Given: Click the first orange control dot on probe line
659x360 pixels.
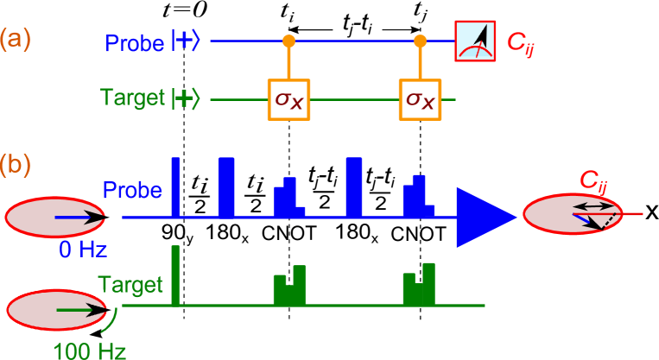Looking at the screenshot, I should point(288,41).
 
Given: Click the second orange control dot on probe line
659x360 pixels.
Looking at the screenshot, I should point(420,41).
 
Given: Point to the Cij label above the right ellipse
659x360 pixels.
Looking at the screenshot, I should point(599,180).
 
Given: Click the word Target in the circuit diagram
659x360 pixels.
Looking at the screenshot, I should point(131,97).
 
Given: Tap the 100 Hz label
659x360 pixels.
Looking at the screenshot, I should point(90,351).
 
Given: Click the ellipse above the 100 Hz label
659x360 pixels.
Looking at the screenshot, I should point(57,310).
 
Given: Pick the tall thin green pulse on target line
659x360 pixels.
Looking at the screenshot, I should point(175,275).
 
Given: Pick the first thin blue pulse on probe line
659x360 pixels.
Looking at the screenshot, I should point(175,186).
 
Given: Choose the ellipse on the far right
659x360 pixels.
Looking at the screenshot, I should point(572,214).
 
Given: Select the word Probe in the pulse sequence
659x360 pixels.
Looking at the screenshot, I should point(132,190).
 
